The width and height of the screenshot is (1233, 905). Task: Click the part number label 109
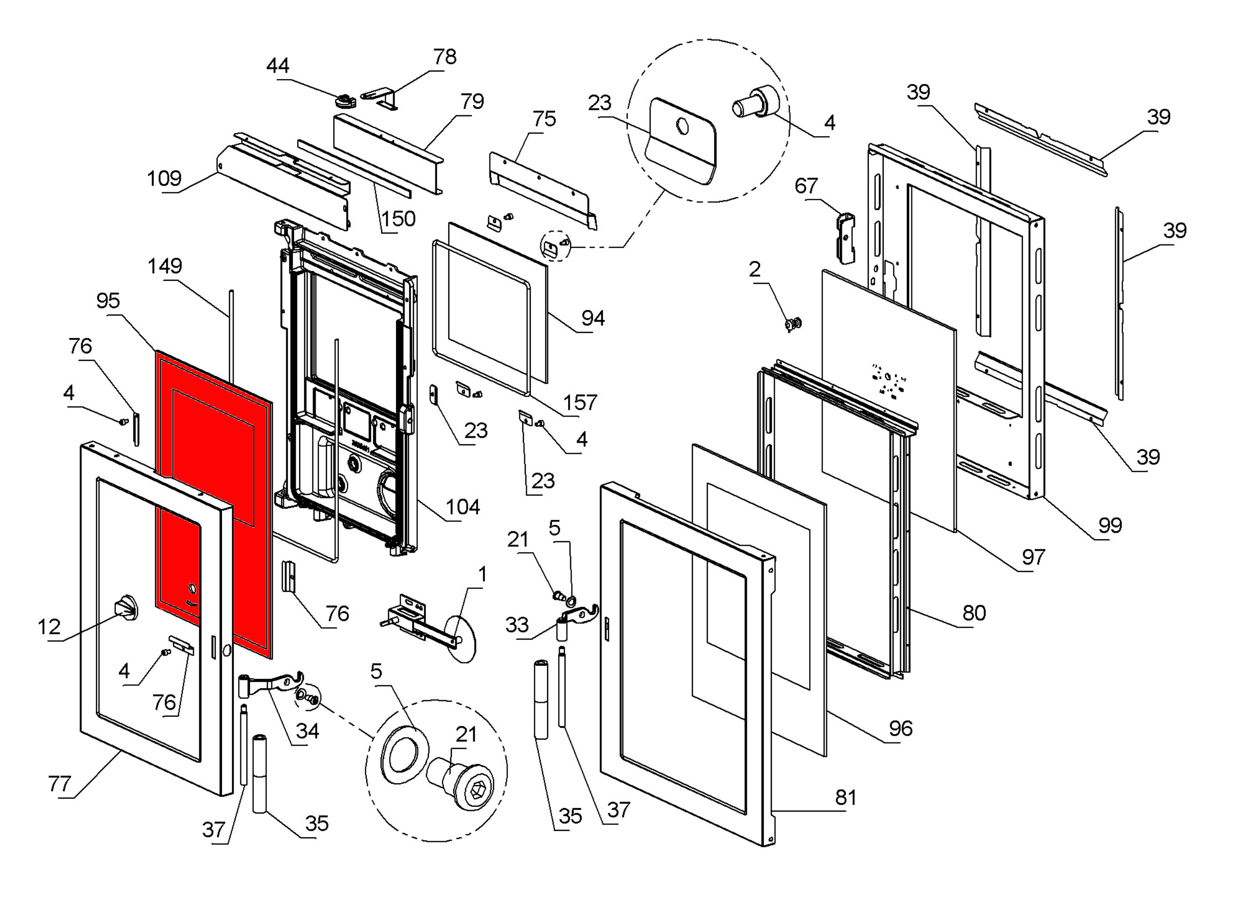click(164, 178)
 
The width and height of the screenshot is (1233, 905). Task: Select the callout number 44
click(278, 66)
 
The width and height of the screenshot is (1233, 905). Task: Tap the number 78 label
click(444, 57)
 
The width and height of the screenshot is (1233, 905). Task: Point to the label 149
click(164, 266)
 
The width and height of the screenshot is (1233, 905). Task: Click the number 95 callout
click(108, 301)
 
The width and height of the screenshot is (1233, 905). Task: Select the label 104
click(463, 507)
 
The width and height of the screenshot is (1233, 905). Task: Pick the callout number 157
click(580, 403)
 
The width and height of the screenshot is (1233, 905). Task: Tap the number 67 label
click(806, 186)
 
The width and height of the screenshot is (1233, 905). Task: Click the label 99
click(1110, 525)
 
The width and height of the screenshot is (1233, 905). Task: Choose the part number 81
click(845, 798)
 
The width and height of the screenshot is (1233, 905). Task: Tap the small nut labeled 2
click(792, 324)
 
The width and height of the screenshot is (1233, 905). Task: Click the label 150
click(398, 219)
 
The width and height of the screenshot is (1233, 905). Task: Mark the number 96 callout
click(901, 729)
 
